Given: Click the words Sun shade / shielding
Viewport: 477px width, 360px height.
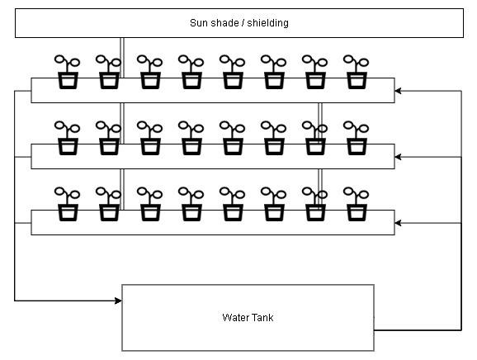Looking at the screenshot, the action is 239,23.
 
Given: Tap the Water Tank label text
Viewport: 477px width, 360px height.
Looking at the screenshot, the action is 248,318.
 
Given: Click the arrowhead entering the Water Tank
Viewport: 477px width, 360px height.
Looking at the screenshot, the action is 118,301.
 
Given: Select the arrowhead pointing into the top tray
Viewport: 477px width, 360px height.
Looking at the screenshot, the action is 399,91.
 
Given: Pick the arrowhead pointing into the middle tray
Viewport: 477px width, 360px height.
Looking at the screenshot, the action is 399,157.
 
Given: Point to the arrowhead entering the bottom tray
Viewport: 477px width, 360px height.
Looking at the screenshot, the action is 399,223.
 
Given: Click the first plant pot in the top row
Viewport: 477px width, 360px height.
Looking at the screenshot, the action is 68,72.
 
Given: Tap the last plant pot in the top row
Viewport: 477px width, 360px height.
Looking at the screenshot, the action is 357,72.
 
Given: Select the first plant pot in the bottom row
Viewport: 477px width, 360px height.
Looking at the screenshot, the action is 68,204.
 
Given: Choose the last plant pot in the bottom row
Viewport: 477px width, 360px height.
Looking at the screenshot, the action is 357,204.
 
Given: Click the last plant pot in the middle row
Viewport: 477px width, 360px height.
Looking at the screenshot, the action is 357,138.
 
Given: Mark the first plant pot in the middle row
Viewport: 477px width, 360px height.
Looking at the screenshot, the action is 68,138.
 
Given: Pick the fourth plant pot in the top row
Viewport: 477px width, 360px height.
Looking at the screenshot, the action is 191,72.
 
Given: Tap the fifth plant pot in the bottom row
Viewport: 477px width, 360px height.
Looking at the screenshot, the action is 233,204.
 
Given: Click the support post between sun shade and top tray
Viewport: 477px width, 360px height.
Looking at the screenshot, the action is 122,58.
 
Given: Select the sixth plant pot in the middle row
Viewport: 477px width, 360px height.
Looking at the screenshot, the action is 274,138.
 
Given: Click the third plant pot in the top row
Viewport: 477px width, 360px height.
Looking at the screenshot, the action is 150,72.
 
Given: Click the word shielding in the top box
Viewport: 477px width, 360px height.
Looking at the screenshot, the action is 268,23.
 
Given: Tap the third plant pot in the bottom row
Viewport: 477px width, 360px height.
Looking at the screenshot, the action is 150,204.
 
